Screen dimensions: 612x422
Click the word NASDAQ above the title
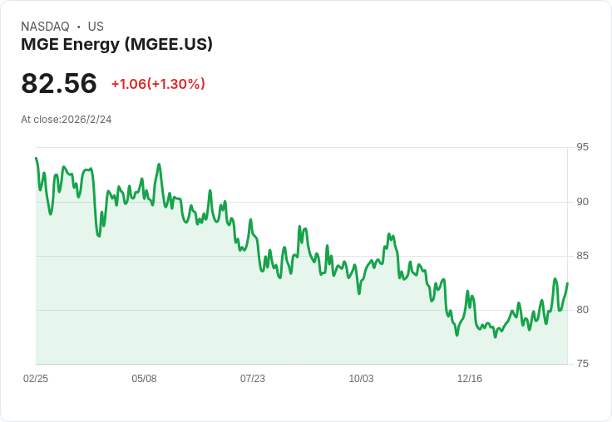pyautogui.click(x=45, y=27)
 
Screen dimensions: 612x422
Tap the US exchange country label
pyautogui.click(x=96, y=27)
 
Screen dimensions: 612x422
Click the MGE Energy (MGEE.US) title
pyautogui.click(x=116, y=45)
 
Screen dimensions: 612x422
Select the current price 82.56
pyautogui.click(x=59, y=83)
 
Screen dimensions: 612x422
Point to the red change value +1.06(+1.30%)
pyautogui.click(x=158, y=84)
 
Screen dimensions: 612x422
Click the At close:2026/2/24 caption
pyautogui.click(x=66, y=120)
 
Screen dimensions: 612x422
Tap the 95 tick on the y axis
pyautogui.click(x=582, y=147)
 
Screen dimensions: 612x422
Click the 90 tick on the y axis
pyautogui.click(x=582, y=202)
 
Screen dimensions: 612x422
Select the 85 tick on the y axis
pyautogui.click(x=582, y=256)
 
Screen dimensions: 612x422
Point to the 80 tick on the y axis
pyautogui.click(x=582, y=310)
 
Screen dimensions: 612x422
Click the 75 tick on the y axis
pyautogui.click(x=582, y=364)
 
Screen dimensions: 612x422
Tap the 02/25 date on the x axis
pyautogui.click(x=36, y=379)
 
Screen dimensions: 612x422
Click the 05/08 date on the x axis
pyautogui.click(x=144, y=379)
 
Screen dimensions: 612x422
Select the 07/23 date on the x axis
pyautogui.click(x=253, y=379)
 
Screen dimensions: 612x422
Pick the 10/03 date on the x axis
pyautogui.click(x=361, y=379)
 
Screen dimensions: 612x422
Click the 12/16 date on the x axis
pyautogui.click(x=470, y=379)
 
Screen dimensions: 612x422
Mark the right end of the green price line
pyautogui.click(x=567, y=283)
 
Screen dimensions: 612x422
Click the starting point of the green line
pyautogui.click(x=36, y=159)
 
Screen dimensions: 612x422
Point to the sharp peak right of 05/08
pyautogui.click(x=159, y=164)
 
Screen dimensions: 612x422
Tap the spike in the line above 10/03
pyautogui.click(x=389, y=234)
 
